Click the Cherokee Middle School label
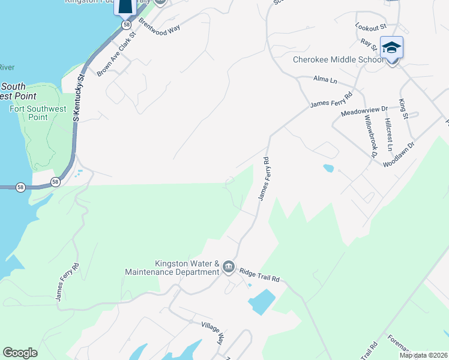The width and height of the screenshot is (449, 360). coord(338,60)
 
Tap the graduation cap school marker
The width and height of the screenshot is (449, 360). coord(392,48)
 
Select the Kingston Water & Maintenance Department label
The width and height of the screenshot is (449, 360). coord(172,268)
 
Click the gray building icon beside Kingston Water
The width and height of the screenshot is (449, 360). coord(228,267)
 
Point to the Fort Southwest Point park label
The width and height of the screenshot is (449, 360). coord(37,113)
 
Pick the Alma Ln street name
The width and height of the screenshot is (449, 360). coord(325,79)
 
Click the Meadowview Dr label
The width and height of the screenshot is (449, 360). coord(364,112)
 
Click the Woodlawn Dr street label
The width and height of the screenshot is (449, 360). coord(399,155)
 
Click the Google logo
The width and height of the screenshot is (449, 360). coord(20,353)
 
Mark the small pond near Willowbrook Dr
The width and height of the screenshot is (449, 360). coord(328,169)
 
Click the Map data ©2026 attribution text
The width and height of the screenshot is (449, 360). coord(424,355)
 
